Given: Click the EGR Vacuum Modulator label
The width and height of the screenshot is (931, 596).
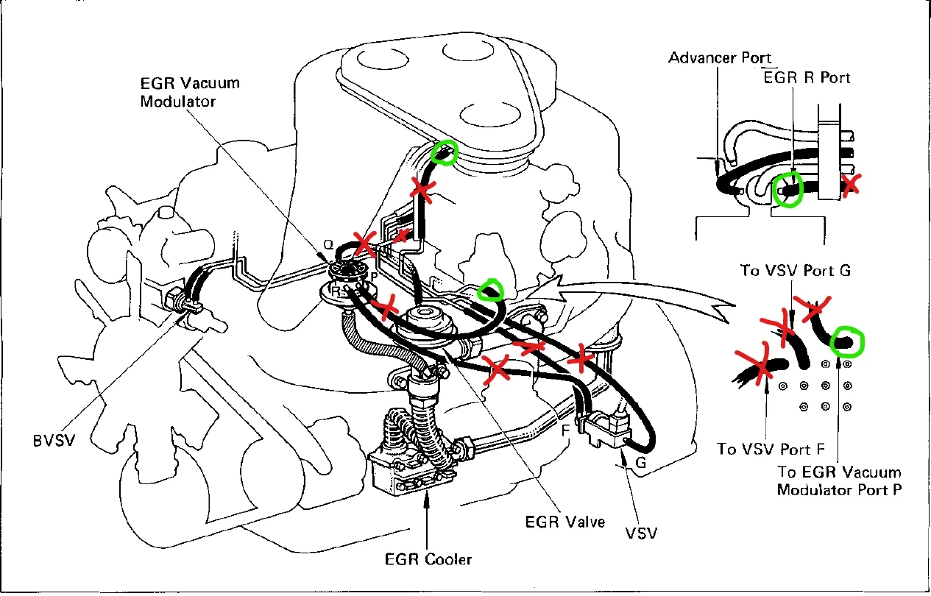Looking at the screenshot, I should (190, 92).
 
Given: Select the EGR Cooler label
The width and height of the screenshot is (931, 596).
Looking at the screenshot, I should (428, 559).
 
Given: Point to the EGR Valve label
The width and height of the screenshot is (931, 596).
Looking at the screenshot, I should (564, 522).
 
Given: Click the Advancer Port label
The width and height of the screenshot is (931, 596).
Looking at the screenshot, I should (720, 57).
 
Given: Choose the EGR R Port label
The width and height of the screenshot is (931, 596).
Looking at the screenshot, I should (807, 77).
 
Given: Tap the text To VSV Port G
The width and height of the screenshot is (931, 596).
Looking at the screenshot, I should (795, 270).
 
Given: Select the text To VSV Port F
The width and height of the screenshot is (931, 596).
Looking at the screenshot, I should (770, 448).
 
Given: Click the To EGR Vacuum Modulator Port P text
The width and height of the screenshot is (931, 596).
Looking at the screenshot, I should (839, 481).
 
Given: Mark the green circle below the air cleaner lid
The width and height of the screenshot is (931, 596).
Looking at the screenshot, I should (444, 152).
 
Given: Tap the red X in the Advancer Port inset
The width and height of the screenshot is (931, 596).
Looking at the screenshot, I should (851, 184).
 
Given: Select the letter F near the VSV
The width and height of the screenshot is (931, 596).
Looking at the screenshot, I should (565, 429).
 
